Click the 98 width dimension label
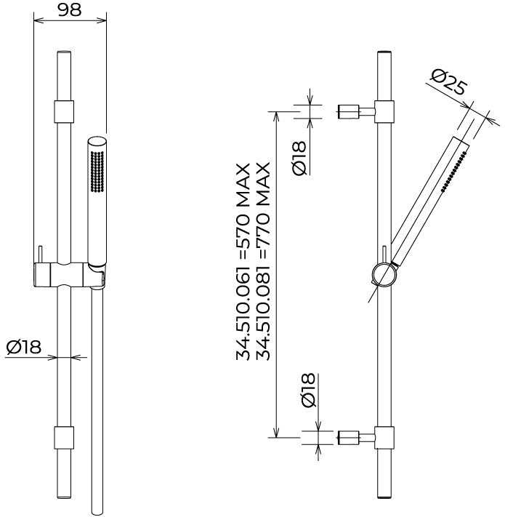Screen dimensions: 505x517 tap(70, 9)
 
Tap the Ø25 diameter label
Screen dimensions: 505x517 tap(449, 81)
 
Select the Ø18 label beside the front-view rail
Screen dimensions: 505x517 tap(24, 347)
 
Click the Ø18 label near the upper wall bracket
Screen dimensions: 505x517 tap(299, 159)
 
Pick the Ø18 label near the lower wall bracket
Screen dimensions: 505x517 tap(308, 390)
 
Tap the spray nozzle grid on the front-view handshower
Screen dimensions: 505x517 tap(97, 171)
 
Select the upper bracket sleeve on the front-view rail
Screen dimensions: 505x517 tap(64, 111)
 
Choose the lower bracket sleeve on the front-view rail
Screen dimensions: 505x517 tap(64, 438)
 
